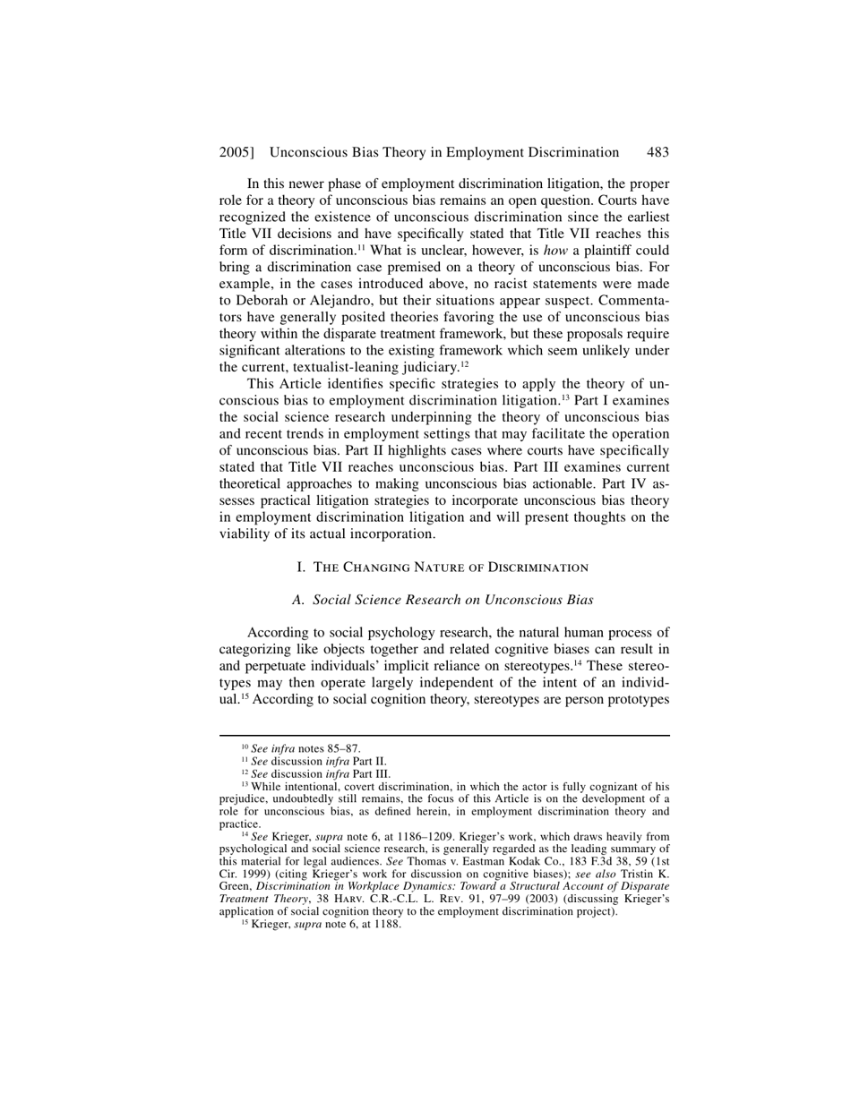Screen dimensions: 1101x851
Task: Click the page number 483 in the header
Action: pos(658,152)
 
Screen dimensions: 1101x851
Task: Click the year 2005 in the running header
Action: pos(235,152)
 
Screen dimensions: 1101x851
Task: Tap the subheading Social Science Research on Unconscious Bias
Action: pos(443,600)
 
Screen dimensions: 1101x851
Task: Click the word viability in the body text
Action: pos(245,534)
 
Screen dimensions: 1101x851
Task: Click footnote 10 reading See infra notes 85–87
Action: pos(301,749)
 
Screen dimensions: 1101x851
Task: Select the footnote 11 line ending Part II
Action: pos(314,762)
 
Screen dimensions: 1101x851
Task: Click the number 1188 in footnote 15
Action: pos(386,925)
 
